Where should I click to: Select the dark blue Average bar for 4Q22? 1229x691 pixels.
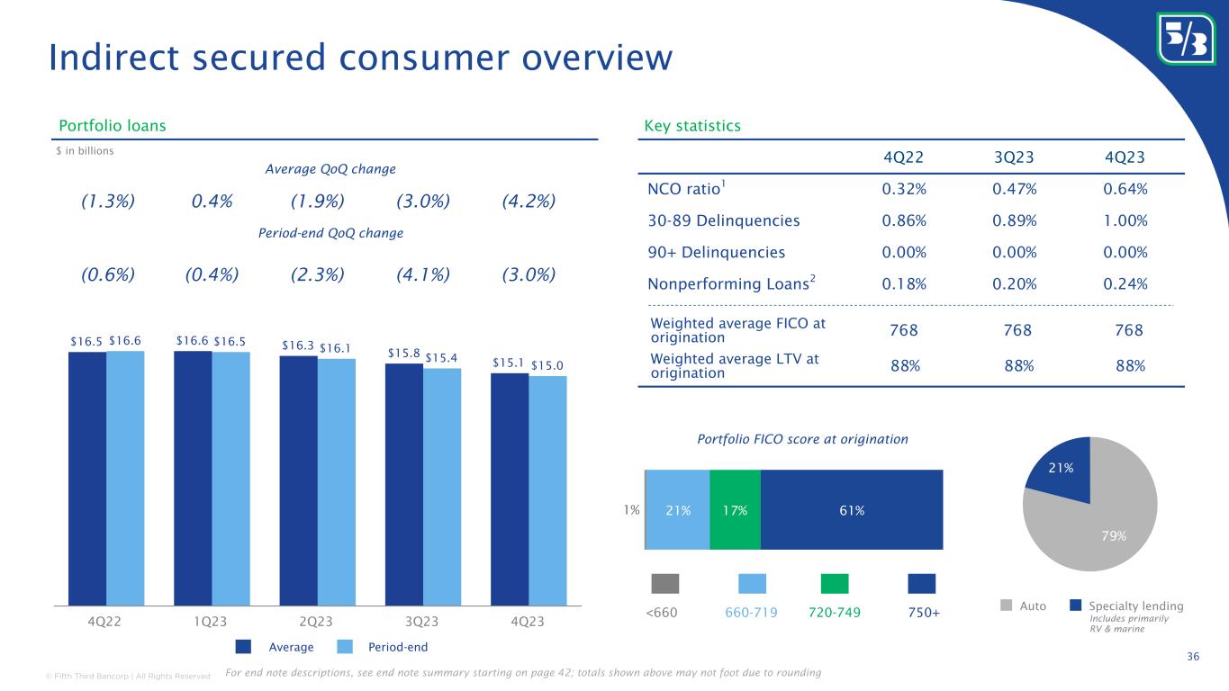click(87, 477)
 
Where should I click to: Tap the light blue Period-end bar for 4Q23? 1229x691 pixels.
click(547, 490)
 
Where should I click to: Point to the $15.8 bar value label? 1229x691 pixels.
click(402, 354)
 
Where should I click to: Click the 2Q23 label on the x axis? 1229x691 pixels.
click(316, 623)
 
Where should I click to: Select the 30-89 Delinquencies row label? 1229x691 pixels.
click(723, 220)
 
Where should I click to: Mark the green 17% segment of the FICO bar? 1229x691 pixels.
click(735, 509)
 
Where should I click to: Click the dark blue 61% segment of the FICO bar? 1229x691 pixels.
click(852, 509)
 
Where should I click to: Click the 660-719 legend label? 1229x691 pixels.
click(752, 612)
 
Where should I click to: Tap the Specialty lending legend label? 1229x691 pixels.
click(1135, 606)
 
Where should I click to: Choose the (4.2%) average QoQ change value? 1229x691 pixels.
click(528, 201)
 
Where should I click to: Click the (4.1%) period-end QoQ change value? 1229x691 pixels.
click(423, 274)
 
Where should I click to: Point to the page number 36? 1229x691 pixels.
click(1193, 656)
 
